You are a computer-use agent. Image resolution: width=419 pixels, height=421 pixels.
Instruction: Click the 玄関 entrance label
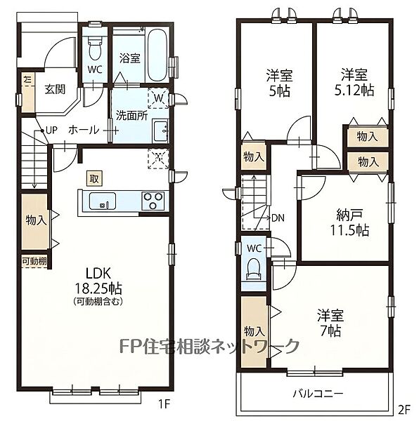(55, 89)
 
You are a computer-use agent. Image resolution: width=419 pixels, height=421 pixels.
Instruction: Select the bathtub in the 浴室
(157, 55)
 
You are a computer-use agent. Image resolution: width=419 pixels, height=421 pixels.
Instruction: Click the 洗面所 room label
(131, 116)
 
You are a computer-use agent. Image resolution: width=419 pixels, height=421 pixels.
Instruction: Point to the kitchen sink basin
(103, 201)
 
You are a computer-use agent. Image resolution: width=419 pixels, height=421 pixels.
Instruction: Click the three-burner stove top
(153, 201)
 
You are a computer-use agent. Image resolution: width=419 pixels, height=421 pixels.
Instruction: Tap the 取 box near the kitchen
(94, 178)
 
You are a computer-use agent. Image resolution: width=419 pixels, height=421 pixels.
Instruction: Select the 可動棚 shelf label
(34, 261)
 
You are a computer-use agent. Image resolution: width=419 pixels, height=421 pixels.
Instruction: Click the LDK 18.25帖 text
(98, 281)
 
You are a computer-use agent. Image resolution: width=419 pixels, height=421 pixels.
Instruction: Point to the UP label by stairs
(51, 131)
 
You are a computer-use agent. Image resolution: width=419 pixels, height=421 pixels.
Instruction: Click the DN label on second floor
(278, 218)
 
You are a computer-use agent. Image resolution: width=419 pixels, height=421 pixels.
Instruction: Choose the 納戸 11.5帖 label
(349, 222)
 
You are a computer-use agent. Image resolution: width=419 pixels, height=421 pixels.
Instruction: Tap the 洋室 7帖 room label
(330, 323)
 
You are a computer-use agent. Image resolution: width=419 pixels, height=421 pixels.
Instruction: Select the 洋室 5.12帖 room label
(354, 82)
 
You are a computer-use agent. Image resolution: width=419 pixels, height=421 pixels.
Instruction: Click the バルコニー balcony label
(318, 394)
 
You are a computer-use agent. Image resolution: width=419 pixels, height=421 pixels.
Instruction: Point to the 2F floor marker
(404, 409)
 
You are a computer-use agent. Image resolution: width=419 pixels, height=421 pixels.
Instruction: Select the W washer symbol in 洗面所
(158, 98)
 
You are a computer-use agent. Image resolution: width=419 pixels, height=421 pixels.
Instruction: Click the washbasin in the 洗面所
(160, 131)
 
